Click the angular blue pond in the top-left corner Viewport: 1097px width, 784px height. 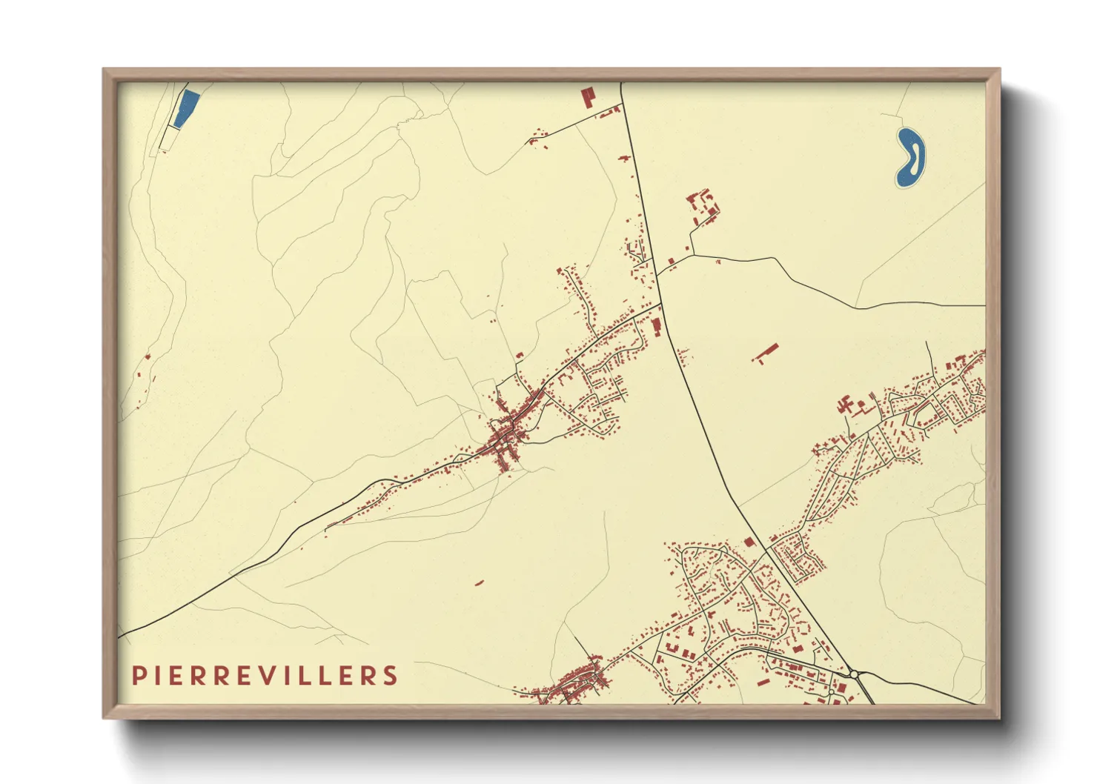(186, 108)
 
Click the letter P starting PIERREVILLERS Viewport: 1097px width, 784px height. (139, 675)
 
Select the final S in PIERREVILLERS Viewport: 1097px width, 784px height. (390, 675)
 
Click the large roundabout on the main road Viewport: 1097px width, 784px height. (854, 674)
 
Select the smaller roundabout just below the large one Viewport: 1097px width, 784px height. (832, 693)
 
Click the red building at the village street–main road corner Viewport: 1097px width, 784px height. (655, 325)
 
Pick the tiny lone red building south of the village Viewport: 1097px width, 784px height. (479, 582)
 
